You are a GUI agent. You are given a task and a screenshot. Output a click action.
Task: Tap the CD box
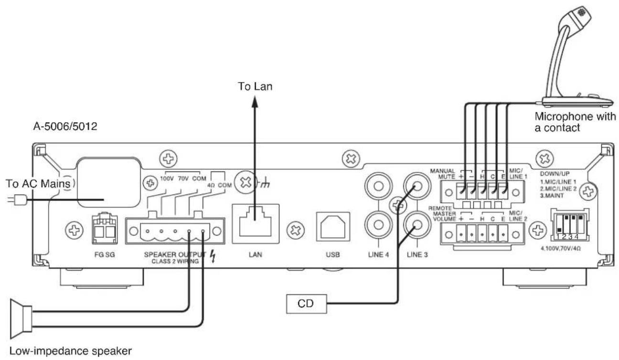pos(306,304)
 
